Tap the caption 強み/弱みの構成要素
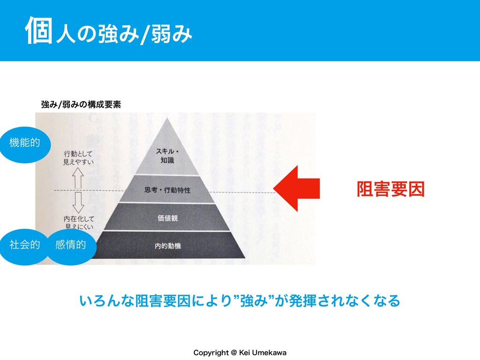(x=81, y=105)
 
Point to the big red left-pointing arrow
(x=297, y=189)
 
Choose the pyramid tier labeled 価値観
(x=167, y=218)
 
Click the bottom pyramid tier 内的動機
(x=167, y=245)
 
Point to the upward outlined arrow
(x=78, y=178)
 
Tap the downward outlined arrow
(x=78, y=203)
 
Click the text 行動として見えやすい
(x=78, y=157)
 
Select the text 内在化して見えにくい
(x=78, y=222)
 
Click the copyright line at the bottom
(x=240, y=352)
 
